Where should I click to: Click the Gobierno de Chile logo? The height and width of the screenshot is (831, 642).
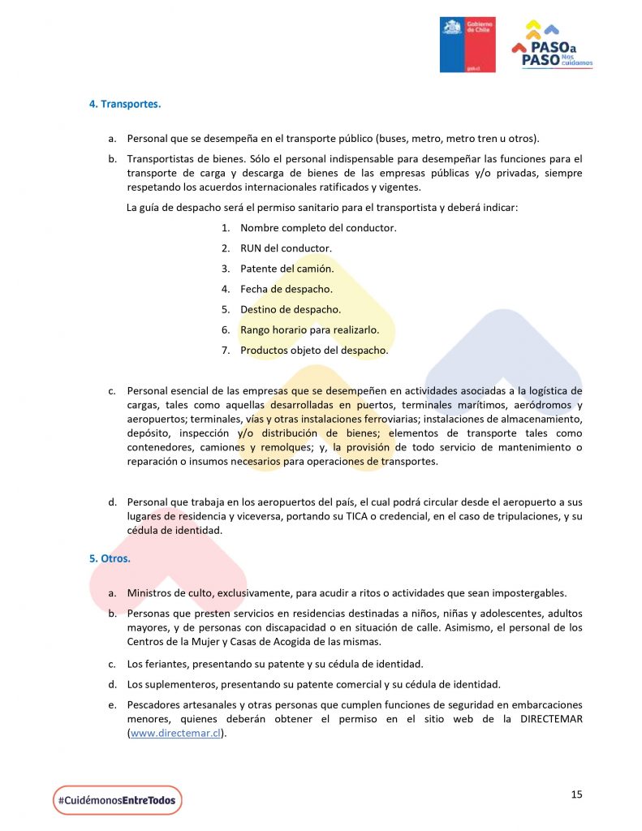467,44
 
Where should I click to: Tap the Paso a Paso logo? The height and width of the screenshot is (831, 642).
552,48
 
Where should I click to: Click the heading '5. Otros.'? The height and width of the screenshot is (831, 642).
110,558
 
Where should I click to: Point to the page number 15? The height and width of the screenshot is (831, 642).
576,794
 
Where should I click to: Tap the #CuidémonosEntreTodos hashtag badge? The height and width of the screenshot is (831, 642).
117,800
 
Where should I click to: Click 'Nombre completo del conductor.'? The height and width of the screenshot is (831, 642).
318,228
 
